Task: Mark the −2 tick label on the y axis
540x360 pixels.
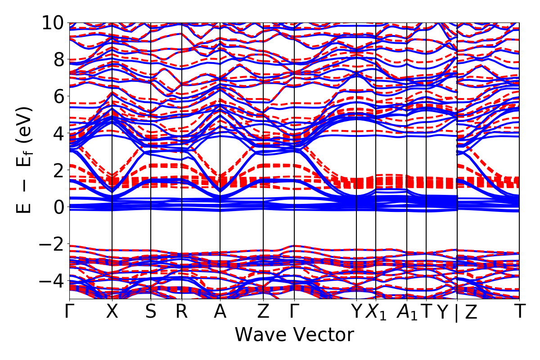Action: click(x=50, y=244)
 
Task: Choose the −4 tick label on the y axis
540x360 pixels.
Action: click(x=50, y=281)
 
